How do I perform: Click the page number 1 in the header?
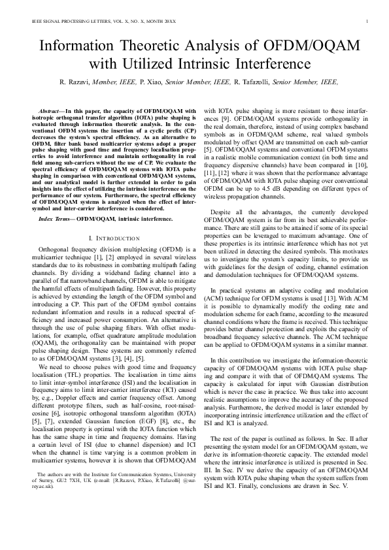[369, 22]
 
